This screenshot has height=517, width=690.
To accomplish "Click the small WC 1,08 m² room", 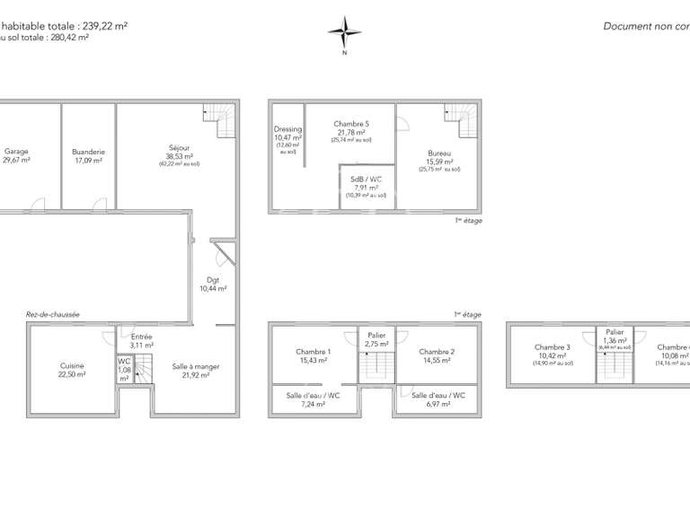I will [125, 369].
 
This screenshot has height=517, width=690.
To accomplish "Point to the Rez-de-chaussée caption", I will [53, 315].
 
